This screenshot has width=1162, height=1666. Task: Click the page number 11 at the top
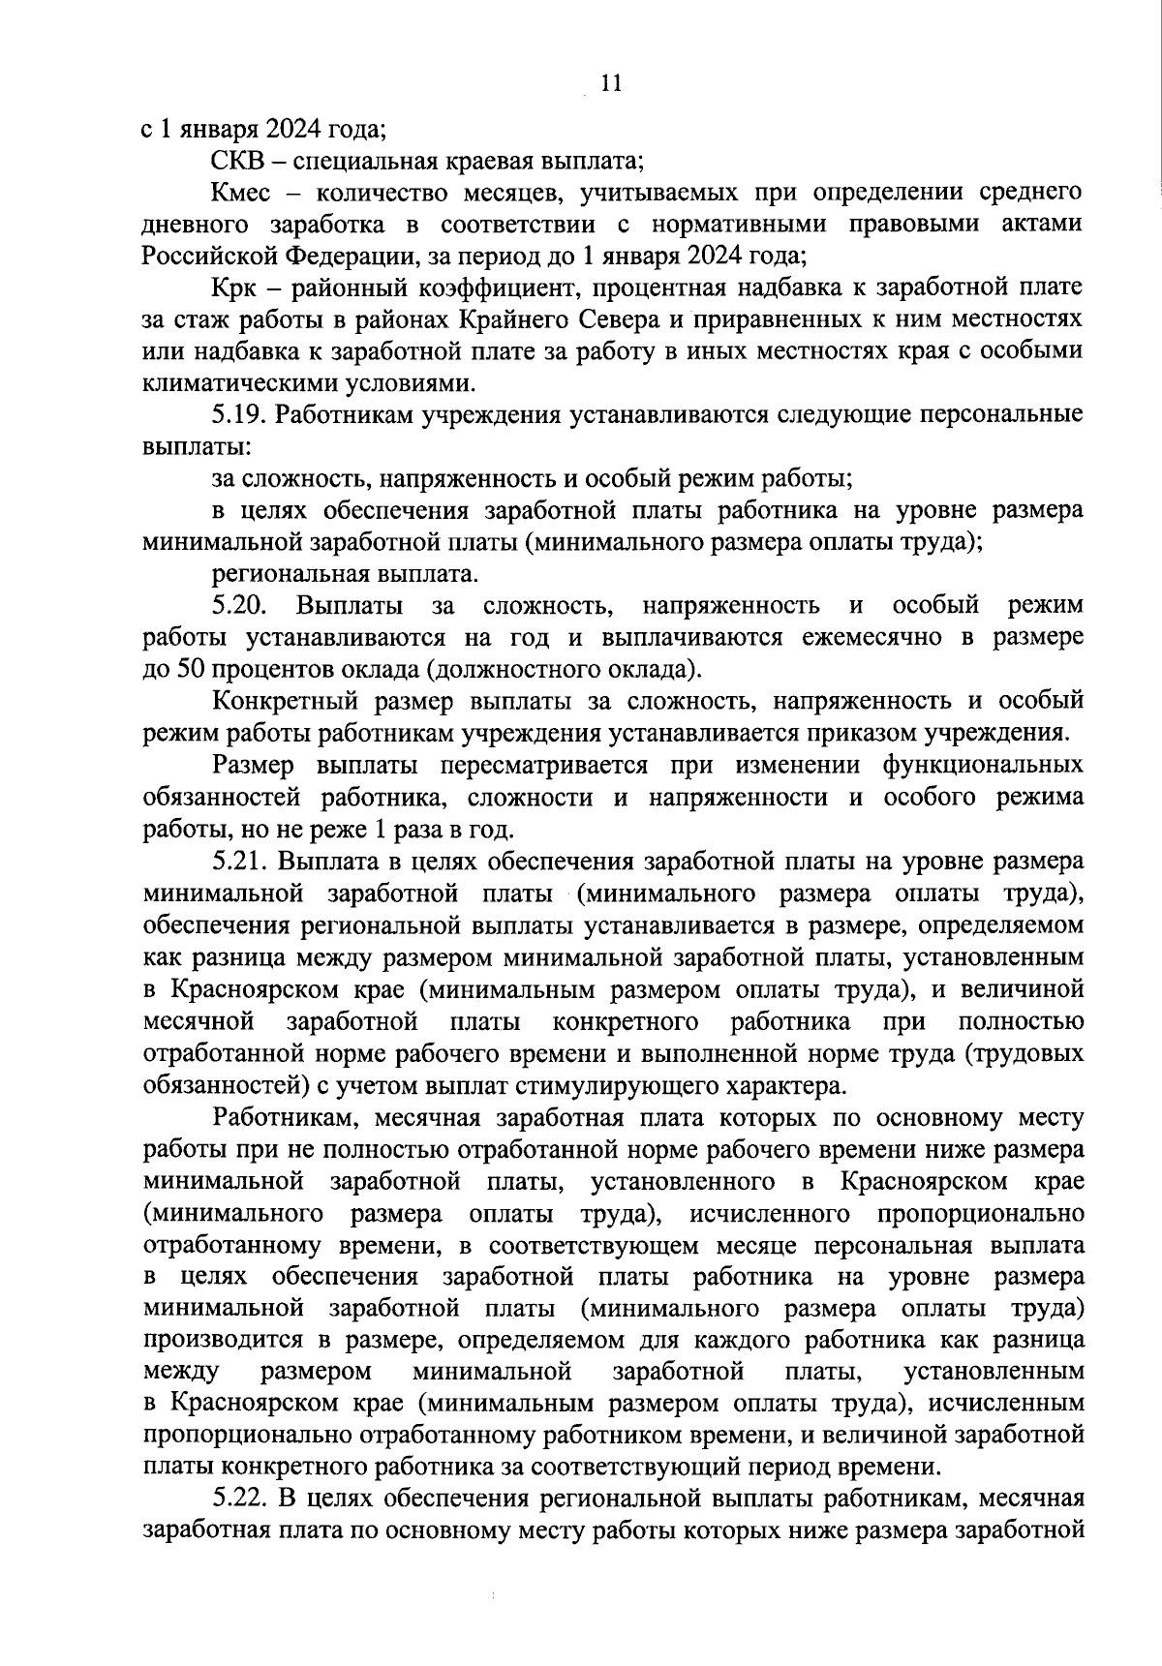610,83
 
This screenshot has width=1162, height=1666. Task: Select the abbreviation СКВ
236,160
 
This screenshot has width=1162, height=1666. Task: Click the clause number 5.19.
239,415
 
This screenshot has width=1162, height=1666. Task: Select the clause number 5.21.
239,862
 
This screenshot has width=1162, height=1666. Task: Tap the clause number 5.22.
239,1499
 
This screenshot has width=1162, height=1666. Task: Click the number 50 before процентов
187,670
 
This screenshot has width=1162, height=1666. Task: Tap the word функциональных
982,765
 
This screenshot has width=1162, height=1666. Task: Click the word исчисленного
771,1212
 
